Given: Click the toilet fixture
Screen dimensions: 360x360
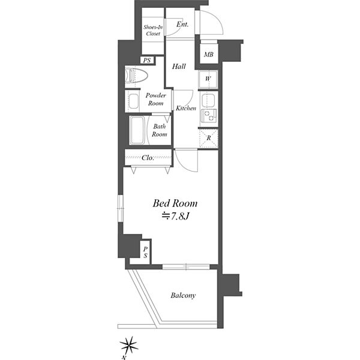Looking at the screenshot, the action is pos(136,75).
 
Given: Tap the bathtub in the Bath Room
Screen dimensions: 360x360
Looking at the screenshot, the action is pos(137,130).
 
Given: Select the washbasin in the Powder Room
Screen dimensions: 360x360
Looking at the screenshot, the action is pos(133,101).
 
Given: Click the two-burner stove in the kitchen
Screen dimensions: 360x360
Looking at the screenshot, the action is pos(208,116).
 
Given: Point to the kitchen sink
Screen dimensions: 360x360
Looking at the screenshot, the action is pos(208,100).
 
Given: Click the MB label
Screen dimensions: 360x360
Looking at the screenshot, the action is pos(209,55).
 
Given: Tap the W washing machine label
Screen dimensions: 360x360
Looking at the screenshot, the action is pos(208,79).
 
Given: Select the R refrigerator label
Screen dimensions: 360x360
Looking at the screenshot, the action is pos(209,138).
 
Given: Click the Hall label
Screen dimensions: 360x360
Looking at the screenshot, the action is pos(179,67).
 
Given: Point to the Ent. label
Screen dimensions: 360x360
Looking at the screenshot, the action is pos(182,24).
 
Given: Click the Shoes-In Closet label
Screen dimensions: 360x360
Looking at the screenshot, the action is pos(153,31).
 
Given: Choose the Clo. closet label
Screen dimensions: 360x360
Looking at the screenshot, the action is pos(148,158).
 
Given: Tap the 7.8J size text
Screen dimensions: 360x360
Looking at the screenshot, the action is pos(175,216).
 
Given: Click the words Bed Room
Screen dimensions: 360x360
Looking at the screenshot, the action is pos(175,203).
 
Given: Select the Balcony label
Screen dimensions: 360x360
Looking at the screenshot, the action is pos(183,295).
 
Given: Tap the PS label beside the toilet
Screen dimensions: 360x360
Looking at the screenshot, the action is pos(147,61).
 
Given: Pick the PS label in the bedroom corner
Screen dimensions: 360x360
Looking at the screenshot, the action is pos(145,253).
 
